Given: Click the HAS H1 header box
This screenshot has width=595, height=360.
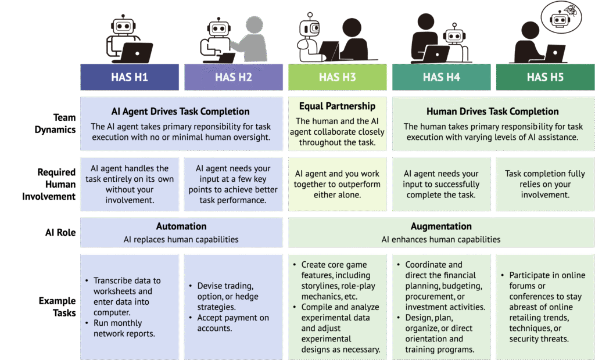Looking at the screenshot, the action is pos(130,77).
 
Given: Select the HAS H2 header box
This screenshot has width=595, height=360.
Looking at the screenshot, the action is pos(234,77).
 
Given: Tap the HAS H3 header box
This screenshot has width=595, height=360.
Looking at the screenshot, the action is pos(338,77).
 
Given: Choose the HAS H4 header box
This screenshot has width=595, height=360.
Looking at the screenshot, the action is pos(442,77).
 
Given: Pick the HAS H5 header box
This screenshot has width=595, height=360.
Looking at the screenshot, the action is pos(545,77).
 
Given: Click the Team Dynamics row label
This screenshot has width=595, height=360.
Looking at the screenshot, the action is pos(55,123).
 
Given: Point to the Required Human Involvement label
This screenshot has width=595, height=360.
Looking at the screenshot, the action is pos(49,185).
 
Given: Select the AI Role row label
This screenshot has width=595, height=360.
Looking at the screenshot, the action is pos(60,232).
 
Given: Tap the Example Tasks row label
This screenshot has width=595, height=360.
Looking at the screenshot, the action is pos(58,307).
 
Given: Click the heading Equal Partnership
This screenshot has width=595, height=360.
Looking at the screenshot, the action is pos(338,106).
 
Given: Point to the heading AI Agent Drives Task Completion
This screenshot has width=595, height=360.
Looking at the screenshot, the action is pos(181,111).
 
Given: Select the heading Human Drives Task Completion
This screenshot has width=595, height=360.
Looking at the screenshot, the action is pos(493,111).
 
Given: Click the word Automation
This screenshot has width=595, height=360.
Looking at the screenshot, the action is pos(181,226).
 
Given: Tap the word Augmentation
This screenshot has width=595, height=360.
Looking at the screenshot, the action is pos(442,226).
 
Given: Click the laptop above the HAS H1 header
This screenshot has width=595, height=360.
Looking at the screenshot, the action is pos(136,53).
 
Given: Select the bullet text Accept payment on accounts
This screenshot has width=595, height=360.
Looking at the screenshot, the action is pos(232,323).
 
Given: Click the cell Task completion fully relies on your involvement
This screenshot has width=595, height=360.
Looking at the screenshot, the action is pos(545,184).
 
